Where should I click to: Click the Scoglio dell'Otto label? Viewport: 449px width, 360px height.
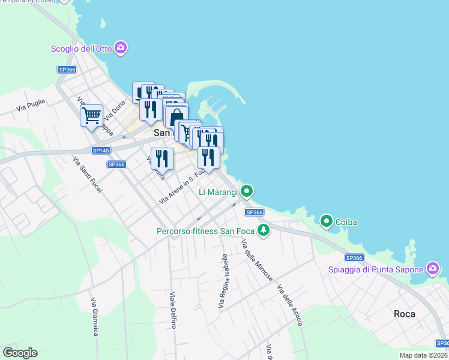coord(82,48)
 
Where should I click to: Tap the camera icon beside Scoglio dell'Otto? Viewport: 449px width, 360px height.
coord(121,47)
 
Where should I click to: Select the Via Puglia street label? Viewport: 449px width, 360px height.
coord(31,106)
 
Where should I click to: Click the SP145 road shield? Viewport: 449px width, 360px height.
coord(100,150)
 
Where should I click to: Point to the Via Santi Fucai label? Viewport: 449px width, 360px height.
coord(87,175)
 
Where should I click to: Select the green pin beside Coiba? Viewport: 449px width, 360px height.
coord(327,222)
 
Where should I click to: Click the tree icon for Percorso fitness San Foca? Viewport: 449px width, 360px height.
coord(263,230)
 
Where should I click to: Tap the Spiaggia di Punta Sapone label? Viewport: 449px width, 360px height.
coord(376,269)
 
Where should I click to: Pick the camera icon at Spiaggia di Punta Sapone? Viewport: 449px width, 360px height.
coord(432,268)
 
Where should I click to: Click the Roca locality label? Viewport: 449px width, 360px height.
coord(405,314)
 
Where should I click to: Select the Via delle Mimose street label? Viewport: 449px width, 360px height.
coord(257,260)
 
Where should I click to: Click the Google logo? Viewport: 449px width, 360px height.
coord(20,353)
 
